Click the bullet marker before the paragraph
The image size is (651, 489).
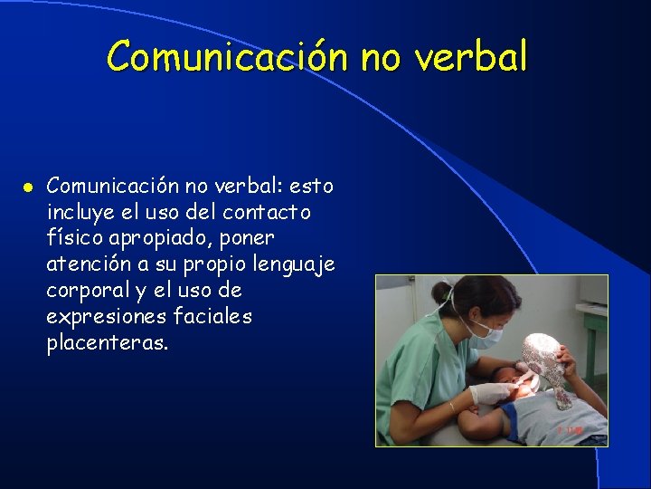tap(28, 187)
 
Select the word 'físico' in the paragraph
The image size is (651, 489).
tap(75, 238)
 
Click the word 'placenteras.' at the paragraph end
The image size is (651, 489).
tap(108, 343)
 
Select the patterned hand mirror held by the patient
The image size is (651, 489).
tap(543, 359)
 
